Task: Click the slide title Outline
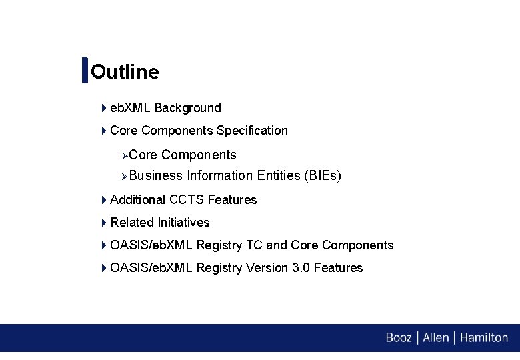(x=125, y=71)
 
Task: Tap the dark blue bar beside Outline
(x=85, y=71)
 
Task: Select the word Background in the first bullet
(x=187, y=108)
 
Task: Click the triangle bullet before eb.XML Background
(x=104, y=108)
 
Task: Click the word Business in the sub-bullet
(x=156, y=176)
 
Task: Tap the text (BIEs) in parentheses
(x=322, y=176)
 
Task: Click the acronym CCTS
(x=187, y=200)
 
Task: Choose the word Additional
(x=138, y=200)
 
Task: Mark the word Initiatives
(x=183, y=223)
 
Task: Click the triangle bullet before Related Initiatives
(x=104, y=223)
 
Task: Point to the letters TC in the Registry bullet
(x=254, y=245)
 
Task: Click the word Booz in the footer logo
(x=399, y=338)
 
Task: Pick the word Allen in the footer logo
(x=436, y=338)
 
